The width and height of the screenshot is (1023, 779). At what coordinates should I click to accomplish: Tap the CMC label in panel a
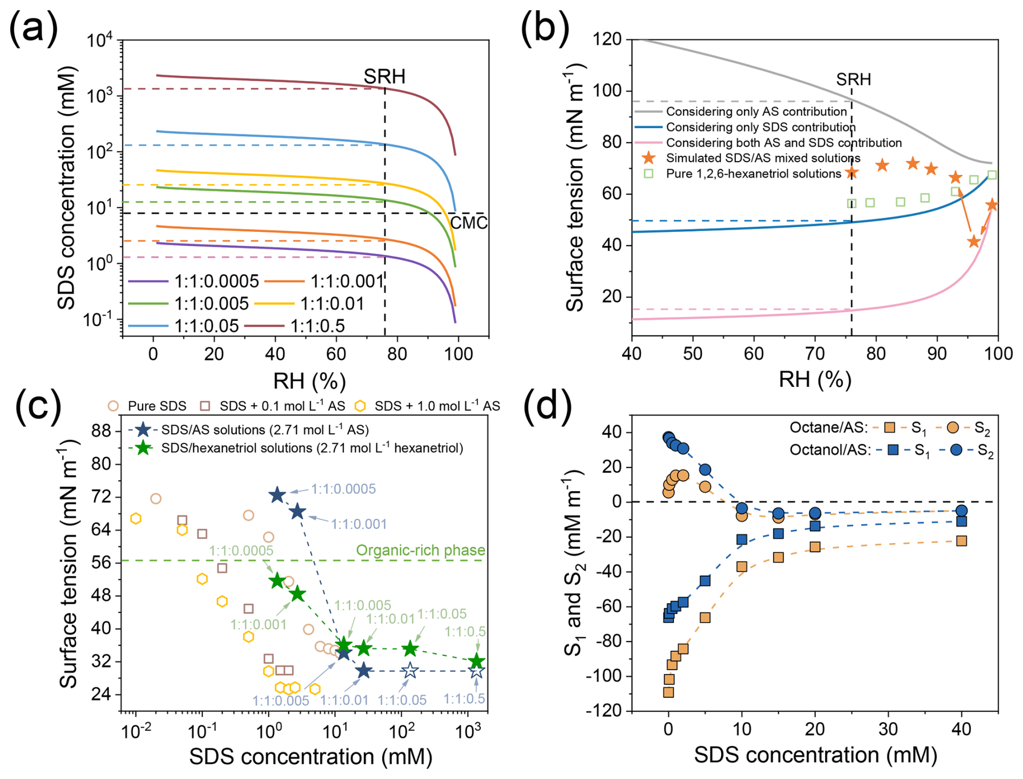click(469, 222)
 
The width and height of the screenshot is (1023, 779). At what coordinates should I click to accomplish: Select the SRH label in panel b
click(853, 80)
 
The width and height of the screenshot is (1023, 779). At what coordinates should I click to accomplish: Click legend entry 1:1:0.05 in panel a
click(206, 326)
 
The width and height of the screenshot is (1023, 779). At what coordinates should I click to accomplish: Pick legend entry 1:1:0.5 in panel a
click(317, 326)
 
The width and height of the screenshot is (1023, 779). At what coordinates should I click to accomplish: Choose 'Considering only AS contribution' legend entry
click(756, 111)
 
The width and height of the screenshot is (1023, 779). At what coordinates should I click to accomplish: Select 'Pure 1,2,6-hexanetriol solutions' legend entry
click(753, 174)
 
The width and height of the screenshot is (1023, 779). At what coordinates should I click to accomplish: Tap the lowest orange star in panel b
click(974, 241)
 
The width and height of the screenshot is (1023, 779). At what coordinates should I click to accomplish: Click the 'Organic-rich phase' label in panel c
click(421, 550)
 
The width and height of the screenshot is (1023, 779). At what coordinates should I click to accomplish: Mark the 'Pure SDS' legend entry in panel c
click(157, 406)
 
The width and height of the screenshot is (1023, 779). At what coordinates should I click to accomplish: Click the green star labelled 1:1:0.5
click(476, 661)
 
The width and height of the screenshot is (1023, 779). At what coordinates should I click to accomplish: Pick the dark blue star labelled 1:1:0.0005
click(277, 494)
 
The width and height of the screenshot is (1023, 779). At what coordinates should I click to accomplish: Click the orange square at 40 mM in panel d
click(961, 540)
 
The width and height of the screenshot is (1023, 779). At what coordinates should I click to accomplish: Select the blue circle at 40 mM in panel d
click(961, 511)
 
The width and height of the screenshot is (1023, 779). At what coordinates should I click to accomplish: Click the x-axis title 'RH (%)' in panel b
click(814, 380)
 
